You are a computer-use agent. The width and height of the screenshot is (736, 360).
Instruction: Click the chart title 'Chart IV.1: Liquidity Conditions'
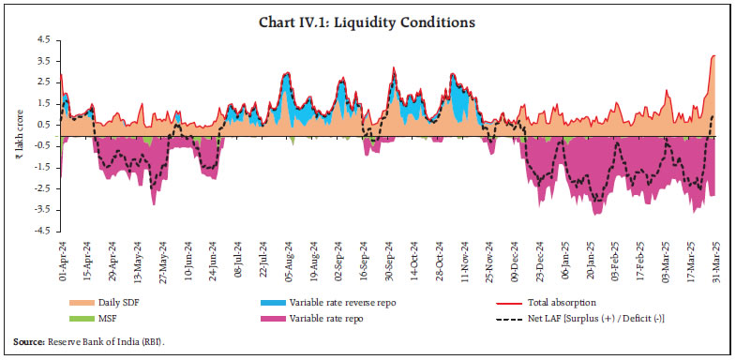click(368, 22)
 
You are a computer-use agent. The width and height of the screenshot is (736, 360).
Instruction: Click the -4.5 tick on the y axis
click(42, 231)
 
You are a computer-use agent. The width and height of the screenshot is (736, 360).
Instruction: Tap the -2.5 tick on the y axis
click(42, 188)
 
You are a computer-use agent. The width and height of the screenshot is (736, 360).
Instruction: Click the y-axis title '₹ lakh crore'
click(19, 136)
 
